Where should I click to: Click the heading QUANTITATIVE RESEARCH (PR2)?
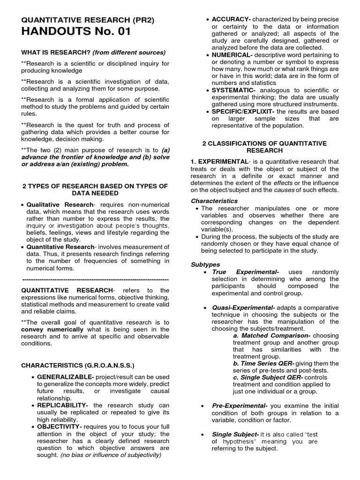87,20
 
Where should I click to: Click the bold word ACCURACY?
231,19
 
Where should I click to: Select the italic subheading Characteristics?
214,201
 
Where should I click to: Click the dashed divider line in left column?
95,279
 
